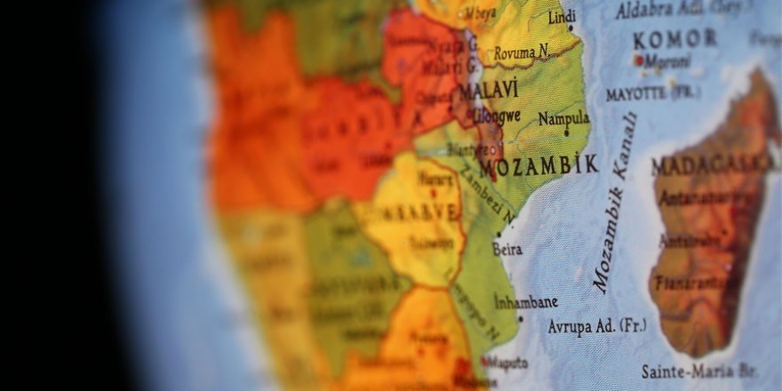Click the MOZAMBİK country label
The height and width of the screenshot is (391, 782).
[538, 165]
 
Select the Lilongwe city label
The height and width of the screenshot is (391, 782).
[496, 115]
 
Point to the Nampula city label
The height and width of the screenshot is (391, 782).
[563, 118]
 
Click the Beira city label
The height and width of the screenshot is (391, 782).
[507, 250]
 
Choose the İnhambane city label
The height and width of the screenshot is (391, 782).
[526, 301]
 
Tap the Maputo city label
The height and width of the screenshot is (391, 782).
[507, 363]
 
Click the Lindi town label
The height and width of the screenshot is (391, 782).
[562, 17]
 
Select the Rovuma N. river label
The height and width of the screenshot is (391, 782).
[521, 53]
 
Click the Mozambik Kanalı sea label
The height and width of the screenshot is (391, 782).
[616, 203]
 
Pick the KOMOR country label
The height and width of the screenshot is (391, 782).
[674, 39]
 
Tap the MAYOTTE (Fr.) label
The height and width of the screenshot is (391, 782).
[648, 92]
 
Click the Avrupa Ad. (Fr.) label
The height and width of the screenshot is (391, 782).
[596, 326]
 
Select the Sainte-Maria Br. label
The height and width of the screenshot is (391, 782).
[698, 371]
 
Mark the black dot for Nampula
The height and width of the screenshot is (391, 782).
[566, 134]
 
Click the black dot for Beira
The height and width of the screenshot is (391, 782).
[499, 235]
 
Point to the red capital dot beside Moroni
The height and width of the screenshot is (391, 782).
[637, 60]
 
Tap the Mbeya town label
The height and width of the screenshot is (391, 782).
[479, 14]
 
